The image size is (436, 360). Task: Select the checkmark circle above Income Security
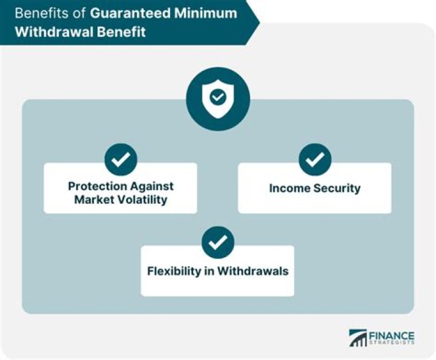tap(314, 160)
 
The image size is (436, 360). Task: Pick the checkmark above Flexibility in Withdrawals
tap(217, 242)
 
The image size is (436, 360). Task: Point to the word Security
tap(337, 188)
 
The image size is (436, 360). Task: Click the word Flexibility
tap(174, 270)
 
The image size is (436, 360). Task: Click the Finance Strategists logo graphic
tap(357, 338)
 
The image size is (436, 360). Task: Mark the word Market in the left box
tap(93, 199)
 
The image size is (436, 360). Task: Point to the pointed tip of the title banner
tap(259, 22)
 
